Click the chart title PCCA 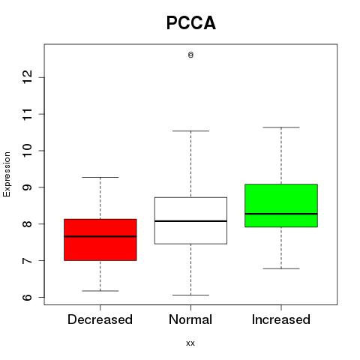191,22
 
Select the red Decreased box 100,240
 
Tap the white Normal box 190,220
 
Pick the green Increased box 281,205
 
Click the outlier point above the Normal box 190,55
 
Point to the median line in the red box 100,236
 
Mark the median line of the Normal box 190,221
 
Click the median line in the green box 281,214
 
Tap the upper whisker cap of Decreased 100,177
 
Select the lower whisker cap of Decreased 100,291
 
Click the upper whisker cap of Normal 190,130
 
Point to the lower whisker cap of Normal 190,295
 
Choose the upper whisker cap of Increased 281,127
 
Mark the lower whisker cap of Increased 281,268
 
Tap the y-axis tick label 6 28,297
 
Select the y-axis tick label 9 28,187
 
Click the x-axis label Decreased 100,319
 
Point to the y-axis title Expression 7,174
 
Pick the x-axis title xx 190,343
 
